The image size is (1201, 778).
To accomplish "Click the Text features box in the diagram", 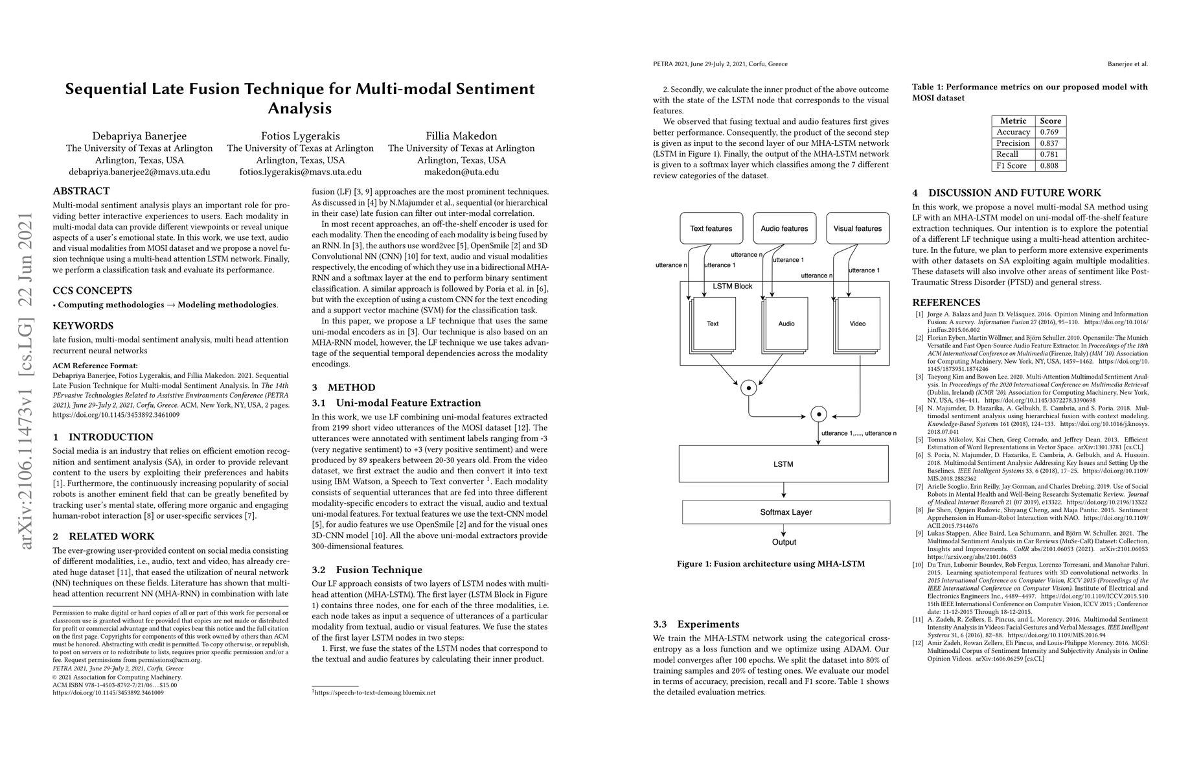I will (x=711, y=229).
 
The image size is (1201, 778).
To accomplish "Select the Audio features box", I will (x=784, y=229).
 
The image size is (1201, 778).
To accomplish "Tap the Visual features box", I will (x=857, y=229).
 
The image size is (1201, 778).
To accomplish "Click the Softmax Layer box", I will (x=784, y=512).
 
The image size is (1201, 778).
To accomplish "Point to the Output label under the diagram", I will (x=784, y=542).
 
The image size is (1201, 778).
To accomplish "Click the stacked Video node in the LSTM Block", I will (x=857, y=324).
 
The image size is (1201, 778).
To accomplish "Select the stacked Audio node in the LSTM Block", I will (x=786, y=324).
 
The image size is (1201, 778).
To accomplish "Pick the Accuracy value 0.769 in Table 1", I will (x=1050, y=132).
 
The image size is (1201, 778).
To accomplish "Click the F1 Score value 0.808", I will (x=1050, y=165).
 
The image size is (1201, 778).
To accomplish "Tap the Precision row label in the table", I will (x=1013, y=143).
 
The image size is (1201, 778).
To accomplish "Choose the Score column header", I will (x=1050, y=121).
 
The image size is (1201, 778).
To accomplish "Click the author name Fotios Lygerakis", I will (x=300, y=136).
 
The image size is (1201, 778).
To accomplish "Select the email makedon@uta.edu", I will (x=461, y=172).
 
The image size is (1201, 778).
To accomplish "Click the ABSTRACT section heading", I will (x=81, y=191).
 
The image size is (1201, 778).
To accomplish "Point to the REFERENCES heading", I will (x=946, y=303).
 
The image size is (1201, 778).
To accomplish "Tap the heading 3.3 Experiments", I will (x=696, y=624).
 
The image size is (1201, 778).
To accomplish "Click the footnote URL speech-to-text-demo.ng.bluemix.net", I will (x=374, y=692).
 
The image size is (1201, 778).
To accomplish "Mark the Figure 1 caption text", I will (x=770, y=564).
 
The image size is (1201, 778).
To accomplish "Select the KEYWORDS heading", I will (x=83, y=326).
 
